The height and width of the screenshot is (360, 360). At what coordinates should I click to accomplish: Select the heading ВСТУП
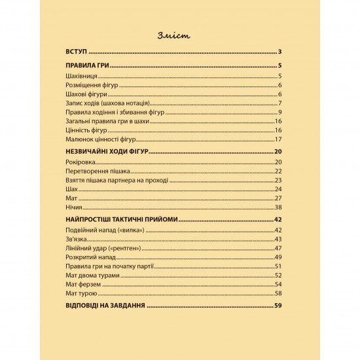point(77,52)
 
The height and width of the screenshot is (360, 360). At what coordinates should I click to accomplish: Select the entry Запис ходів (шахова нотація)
point(109,103)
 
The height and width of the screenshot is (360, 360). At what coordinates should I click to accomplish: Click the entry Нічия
point(74,206)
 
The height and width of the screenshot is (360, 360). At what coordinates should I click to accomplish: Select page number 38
point(278,206)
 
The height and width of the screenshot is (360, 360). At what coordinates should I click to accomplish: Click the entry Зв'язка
point(77,239)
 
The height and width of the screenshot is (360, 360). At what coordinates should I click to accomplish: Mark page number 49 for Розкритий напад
point(278,257)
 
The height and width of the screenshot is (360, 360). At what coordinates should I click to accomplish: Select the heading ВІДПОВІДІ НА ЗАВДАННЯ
point(106,305)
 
